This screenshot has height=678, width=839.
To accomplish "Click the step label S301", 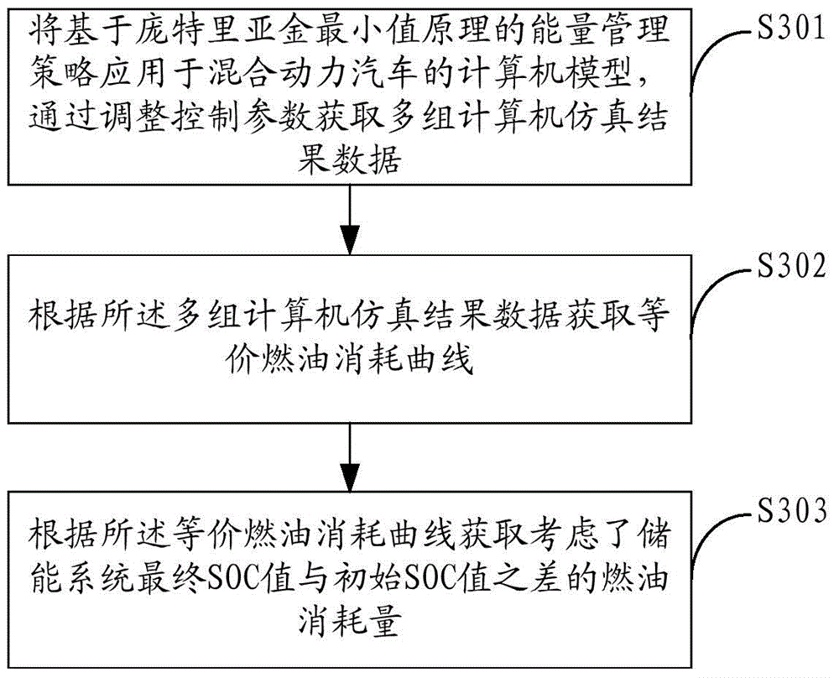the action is [x=792, y=28].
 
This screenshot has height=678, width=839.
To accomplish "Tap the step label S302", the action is [x=792, y=265].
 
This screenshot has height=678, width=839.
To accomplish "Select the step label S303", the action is [x=792, y=511].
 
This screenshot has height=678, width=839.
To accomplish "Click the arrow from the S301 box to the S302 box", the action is [x=350, y=219].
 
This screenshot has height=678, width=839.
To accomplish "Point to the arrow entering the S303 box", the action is [x=350, y=457].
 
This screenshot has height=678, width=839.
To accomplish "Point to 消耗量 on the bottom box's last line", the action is [x=349, y=622].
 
